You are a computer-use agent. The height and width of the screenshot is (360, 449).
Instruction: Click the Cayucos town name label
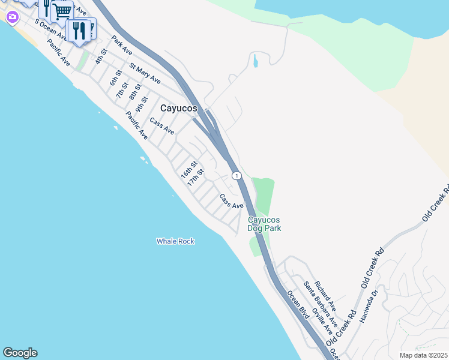tap(179, 108)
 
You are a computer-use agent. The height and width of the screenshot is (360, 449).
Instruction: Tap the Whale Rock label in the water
tap(175, 241)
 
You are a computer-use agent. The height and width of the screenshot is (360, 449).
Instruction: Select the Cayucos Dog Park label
tap(264, 224)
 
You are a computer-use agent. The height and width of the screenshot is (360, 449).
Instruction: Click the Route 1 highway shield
tap(237, 176)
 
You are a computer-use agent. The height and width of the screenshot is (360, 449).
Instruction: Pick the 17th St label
tap(196, 177)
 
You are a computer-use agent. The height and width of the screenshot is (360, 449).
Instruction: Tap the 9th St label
tap(142, 104)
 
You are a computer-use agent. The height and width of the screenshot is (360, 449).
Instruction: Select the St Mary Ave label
tap(145, 73)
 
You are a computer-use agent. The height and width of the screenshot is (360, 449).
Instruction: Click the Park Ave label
tap(121, 46)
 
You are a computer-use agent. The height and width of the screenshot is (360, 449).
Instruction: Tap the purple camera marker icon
tap(12, 17)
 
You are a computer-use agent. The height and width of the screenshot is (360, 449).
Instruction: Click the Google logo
tap(20, 353)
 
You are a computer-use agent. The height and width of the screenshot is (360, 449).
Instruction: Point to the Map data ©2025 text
tap(423, 355)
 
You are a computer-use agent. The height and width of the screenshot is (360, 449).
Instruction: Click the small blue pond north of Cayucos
tap(255, 61)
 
